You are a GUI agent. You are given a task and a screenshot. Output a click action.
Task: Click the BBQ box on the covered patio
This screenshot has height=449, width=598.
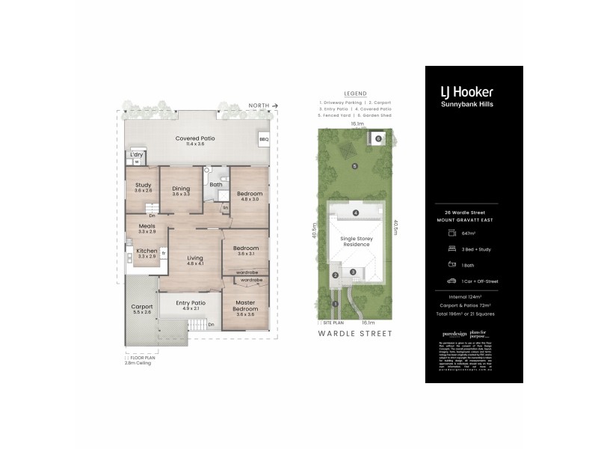263,139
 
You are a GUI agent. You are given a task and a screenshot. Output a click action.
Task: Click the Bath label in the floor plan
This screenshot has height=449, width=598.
215,184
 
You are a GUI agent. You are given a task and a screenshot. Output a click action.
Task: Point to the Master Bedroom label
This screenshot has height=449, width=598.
245,308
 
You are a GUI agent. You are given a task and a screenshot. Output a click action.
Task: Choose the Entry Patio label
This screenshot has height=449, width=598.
189,303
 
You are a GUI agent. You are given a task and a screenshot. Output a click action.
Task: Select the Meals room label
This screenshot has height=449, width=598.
147,228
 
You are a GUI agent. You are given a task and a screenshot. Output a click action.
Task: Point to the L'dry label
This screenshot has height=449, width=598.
137,155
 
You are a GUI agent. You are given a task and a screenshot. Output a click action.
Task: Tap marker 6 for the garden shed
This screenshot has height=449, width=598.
378,138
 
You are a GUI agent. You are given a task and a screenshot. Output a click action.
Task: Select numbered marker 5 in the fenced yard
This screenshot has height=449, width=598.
356,165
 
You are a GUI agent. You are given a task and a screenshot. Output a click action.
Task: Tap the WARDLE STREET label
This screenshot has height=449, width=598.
355,334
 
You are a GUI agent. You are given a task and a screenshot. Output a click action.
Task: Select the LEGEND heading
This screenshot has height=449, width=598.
355,94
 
